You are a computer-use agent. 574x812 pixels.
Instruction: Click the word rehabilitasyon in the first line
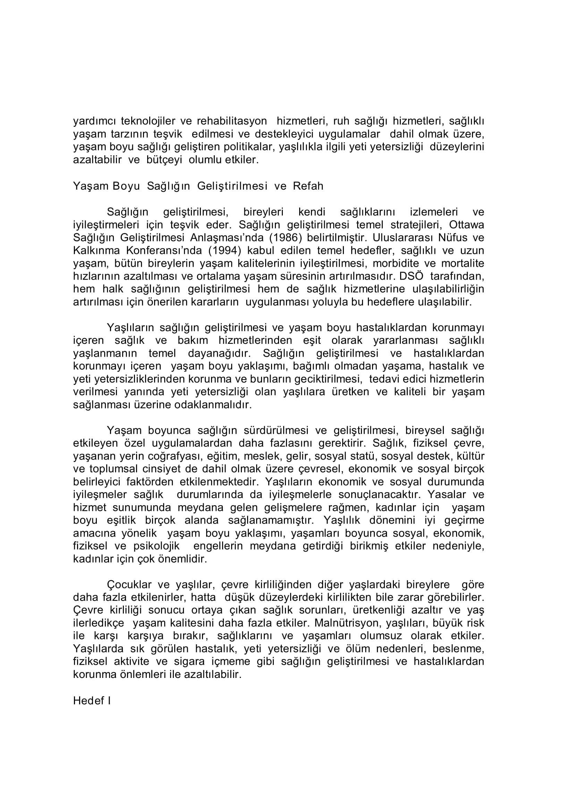[231, 121]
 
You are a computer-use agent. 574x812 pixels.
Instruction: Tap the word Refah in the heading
[308, 186]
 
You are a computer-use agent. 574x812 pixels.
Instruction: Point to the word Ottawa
[466, 225]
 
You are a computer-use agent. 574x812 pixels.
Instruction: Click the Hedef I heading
[92, 701]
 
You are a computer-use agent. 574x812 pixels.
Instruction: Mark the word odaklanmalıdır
[213, 405]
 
